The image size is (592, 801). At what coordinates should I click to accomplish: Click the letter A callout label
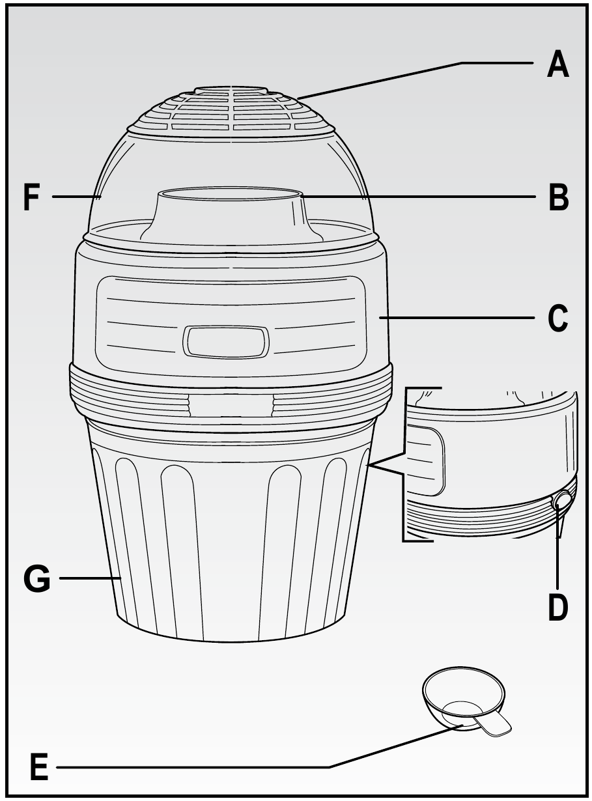click(x=557, y=65)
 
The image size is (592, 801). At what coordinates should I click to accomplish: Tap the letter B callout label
click(x=558, y=197)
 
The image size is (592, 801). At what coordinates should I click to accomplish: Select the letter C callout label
click(x=558, y=318)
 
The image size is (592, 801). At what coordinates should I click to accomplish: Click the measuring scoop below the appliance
click(x=464, y=700)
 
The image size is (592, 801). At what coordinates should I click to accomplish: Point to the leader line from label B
click(x=423, y=195)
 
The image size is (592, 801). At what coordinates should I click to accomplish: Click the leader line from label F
click(x=75, y=195)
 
